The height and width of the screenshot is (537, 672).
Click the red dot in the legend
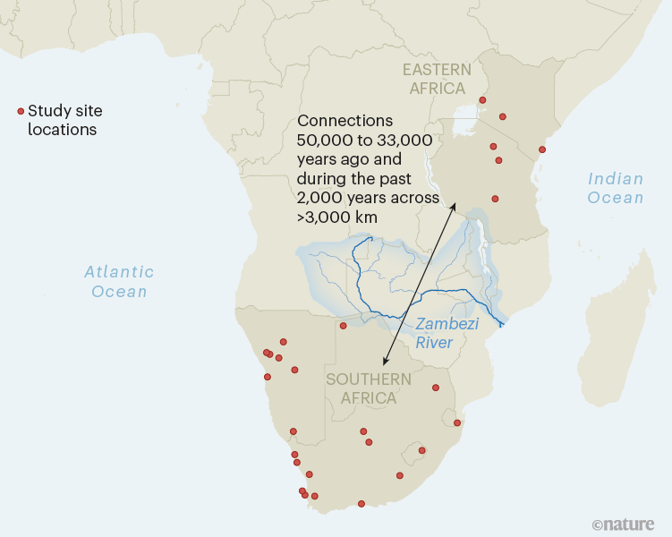[x=21, y=111]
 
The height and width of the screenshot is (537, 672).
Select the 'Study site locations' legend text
[x=64, y=120]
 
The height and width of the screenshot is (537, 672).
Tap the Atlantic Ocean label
[x=119, y=281]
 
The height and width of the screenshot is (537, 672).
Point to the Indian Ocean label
[x=616, y=188]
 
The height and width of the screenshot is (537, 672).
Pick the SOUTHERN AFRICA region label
[x=369, y=388]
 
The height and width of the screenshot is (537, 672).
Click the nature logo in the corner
[x=623, y=524]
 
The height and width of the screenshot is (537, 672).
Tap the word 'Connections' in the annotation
[x=345, y=121]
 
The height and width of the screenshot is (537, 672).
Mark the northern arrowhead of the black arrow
[x=455, y=206]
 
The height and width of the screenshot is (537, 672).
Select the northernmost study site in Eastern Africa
[x=483, y=100]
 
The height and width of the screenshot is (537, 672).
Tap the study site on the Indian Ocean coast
[x=541, y=149]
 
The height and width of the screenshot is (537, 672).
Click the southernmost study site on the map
[x=362, y=504]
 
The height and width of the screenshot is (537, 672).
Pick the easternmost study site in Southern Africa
[x=457, y=422]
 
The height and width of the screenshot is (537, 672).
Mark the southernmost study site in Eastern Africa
[x=495, y=199]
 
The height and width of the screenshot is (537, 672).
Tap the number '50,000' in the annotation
[x=327, y=141]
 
